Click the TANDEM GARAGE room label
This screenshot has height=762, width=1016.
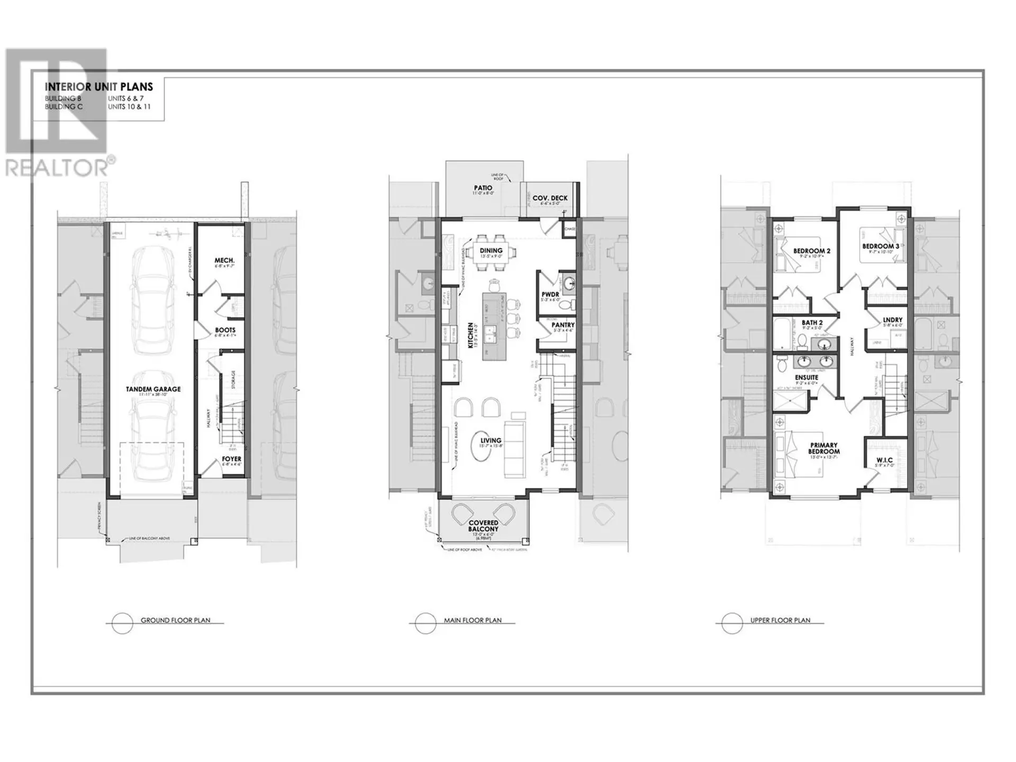tap(153, 389)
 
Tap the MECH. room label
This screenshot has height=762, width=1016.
tap(224, 260)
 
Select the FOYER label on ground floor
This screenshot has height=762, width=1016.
tap(232, 459)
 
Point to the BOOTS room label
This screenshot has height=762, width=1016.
tap(225, 330)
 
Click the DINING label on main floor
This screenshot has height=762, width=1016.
tap(491, 250)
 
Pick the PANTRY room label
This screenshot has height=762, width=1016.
tap(563, 325)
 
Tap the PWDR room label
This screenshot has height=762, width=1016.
tap(550, 294)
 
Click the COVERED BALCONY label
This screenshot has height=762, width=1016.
tap(483, 525)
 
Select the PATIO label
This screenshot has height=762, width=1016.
tap(483, 188)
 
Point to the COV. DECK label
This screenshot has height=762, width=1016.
tap(550, 198)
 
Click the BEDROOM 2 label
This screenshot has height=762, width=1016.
tap(812, 251)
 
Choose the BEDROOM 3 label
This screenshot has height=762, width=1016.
tap(881, 246)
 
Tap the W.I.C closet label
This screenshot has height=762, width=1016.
tap(884, 459)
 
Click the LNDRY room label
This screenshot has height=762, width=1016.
tap(892, 320)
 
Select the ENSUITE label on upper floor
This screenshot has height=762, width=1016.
tap(806, 377)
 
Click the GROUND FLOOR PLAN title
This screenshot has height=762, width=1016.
tap(175, 620)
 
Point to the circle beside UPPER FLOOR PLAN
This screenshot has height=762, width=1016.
tap(732, 623)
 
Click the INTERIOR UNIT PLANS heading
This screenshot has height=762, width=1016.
tap(99, 87)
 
